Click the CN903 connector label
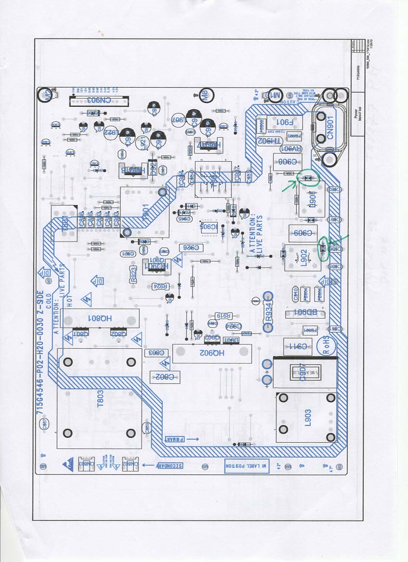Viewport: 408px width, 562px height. tap(99, 101)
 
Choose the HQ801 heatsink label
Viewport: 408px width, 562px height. tap(101, 318)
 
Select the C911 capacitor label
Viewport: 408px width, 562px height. tap(296, 346)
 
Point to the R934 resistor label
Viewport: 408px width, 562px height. tap(268, 315)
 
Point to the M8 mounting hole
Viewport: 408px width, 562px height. tap(205, 95)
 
